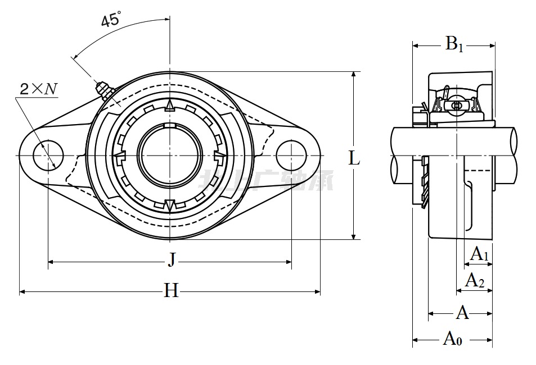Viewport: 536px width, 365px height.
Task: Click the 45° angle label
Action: tap(111, 21)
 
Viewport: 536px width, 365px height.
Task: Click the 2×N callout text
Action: tap(38, 89)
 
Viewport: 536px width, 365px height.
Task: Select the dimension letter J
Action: tap(172, 259)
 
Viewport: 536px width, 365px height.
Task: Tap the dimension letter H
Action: tap(171, 290)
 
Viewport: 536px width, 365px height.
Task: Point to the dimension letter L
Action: tap(354, 158)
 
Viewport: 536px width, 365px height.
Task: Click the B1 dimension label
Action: tap(454, 44)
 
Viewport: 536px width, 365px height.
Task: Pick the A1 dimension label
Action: tap(479, 254)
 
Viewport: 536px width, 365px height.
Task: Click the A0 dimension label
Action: tap(453, 339)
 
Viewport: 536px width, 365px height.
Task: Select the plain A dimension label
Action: tap(462, 312)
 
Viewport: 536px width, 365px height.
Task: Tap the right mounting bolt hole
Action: tap(292, 155)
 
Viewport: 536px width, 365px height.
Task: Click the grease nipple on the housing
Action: tap(103, 90)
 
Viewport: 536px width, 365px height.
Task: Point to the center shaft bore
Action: tap(169, 155)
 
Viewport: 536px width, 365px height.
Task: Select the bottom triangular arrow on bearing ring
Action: tap(169, 205)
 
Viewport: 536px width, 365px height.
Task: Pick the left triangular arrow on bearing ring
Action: tap(119, 155)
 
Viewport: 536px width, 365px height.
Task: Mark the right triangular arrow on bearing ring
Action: tap(220, 155)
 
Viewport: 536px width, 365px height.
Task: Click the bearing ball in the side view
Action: tap(456, 105)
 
